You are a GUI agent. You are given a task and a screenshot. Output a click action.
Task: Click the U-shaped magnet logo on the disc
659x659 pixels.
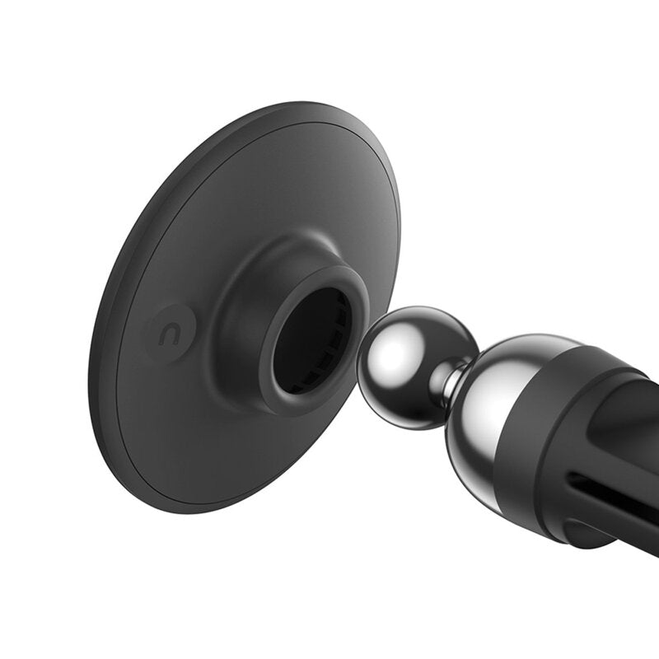point(171,334)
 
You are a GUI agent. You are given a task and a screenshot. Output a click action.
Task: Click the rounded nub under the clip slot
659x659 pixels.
point(589,531)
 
